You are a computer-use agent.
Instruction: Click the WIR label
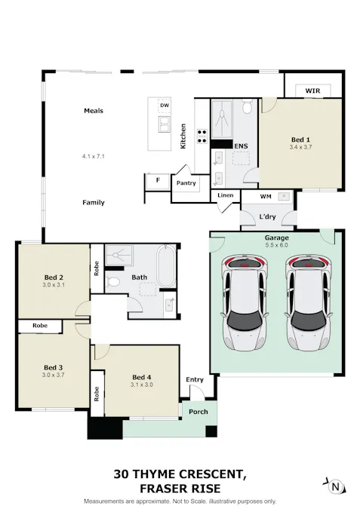(x=312, y=90)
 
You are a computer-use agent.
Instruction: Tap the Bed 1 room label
(x=300, y=140)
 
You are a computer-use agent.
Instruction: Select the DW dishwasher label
(x=164, y=105)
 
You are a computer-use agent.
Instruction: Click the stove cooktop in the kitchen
(x=202, y=136)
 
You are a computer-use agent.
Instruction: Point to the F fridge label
(x=157, y=181)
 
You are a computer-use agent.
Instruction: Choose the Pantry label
(x=186, y=182)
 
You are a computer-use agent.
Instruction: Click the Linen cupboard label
(x=226, y=195)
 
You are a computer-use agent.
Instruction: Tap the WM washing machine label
(x=265, y=197)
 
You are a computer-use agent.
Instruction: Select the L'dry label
(x=266, y=217)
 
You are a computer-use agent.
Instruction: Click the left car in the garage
(x=244, y=303)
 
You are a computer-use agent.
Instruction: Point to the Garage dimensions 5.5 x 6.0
(x=276, y=245)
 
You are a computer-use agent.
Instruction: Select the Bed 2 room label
(x=53, y=277)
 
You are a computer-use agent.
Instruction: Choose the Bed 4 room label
(x=142, y=377)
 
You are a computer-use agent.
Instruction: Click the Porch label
(x=199, y=412)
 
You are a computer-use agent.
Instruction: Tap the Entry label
(x=194, y=379)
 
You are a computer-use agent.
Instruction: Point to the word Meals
(x=94, y=111)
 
